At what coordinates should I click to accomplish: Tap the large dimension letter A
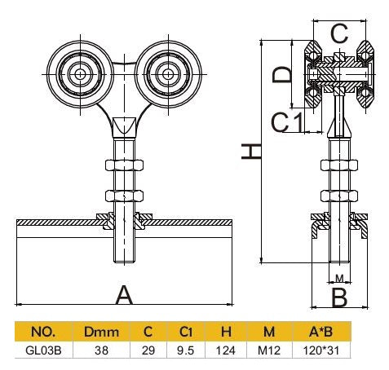coord(124,293)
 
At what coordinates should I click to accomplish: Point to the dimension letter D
coord(283,75)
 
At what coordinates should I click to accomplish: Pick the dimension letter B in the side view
coord(340,296)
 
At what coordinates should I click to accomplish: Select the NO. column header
coord(42,333)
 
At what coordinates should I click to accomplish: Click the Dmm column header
coord(101,333)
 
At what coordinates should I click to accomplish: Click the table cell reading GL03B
coord(42,351)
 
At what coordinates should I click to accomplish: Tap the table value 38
coord(101,351)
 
